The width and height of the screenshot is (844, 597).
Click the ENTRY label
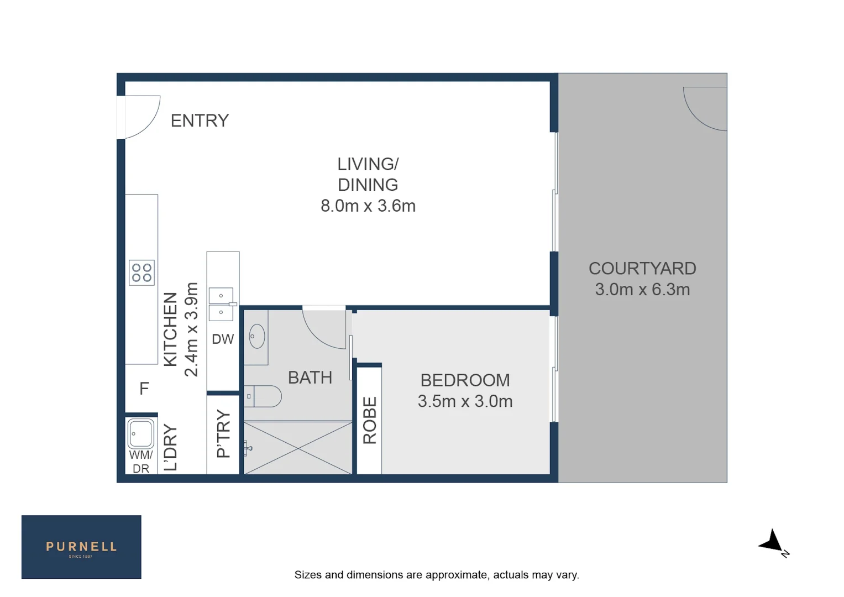[200, 121]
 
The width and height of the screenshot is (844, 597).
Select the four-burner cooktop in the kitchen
[141, 273]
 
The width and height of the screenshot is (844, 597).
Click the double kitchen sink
[221, 304]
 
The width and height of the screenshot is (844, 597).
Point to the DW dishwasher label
[223, 339]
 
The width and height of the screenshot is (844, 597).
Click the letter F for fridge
[144, 389]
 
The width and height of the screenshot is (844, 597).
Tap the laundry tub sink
[141, 433]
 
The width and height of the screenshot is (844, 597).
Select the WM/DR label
[141, 462]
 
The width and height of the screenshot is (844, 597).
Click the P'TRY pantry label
[223, 434]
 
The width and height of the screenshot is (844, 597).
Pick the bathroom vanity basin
[256, 336]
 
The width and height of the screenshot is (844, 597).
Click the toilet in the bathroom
[264, 396]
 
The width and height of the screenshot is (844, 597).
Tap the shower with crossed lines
[298, 448]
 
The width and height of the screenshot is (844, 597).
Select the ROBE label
[370, 420]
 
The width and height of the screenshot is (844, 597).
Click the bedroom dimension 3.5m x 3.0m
[465, 401]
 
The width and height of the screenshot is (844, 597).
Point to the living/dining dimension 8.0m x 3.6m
[368, 206]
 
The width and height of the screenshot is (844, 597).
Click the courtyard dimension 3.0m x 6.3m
[642, 290]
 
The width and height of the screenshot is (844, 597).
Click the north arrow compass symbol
[772, 542]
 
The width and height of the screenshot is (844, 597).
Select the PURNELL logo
[81, 547]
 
